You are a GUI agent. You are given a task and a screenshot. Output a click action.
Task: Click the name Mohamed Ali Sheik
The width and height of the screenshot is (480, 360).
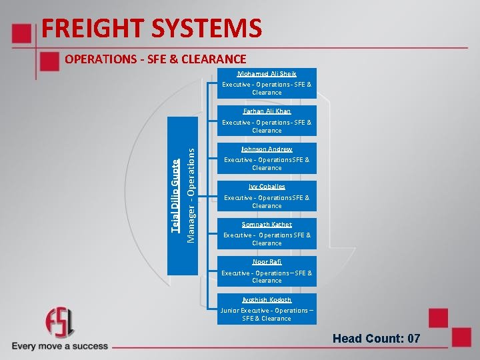point(267,74)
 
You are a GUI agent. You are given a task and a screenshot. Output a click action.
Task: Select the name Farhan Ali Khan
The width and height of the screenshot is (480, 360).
point(267,111)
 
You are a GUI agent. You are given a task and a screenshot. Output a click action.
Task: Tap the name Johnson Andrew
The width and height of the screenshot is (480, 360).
point(267,149)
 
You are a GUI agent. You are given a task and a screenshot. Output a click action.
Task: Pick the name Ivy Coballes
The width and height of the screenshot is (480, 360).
point(267,187)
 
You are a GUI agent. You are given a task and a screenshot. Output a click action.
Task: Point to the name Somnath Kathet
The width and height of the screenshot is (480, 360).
point(267,225)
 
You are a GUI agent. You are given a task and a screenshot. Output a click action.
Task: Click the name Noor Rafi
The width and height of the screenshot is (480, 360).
point(267,262)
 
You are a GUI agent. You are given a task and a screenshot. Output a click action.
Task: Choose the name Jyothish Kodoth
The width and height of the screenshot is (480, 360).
point(267,300)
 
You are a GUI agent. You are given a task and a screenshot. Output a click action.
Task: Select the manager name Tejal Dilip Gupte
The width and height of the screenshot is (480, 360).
point(175,195)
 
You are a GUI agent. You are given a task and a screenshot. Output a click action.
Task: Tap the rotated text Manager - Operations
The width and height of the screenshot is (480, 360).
point(191,195)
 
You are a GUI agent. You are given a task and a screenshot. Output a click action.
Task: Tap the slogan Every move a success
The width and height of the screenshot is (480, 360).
point(59,346)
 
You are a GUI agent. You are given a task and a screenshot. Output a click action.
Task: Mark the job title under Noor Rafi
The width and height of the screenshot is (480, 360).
point(267,277)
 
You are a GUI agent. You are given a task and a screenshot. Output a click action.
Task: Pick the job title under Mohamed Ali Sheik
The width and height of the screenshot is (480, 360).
point(267,89)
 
